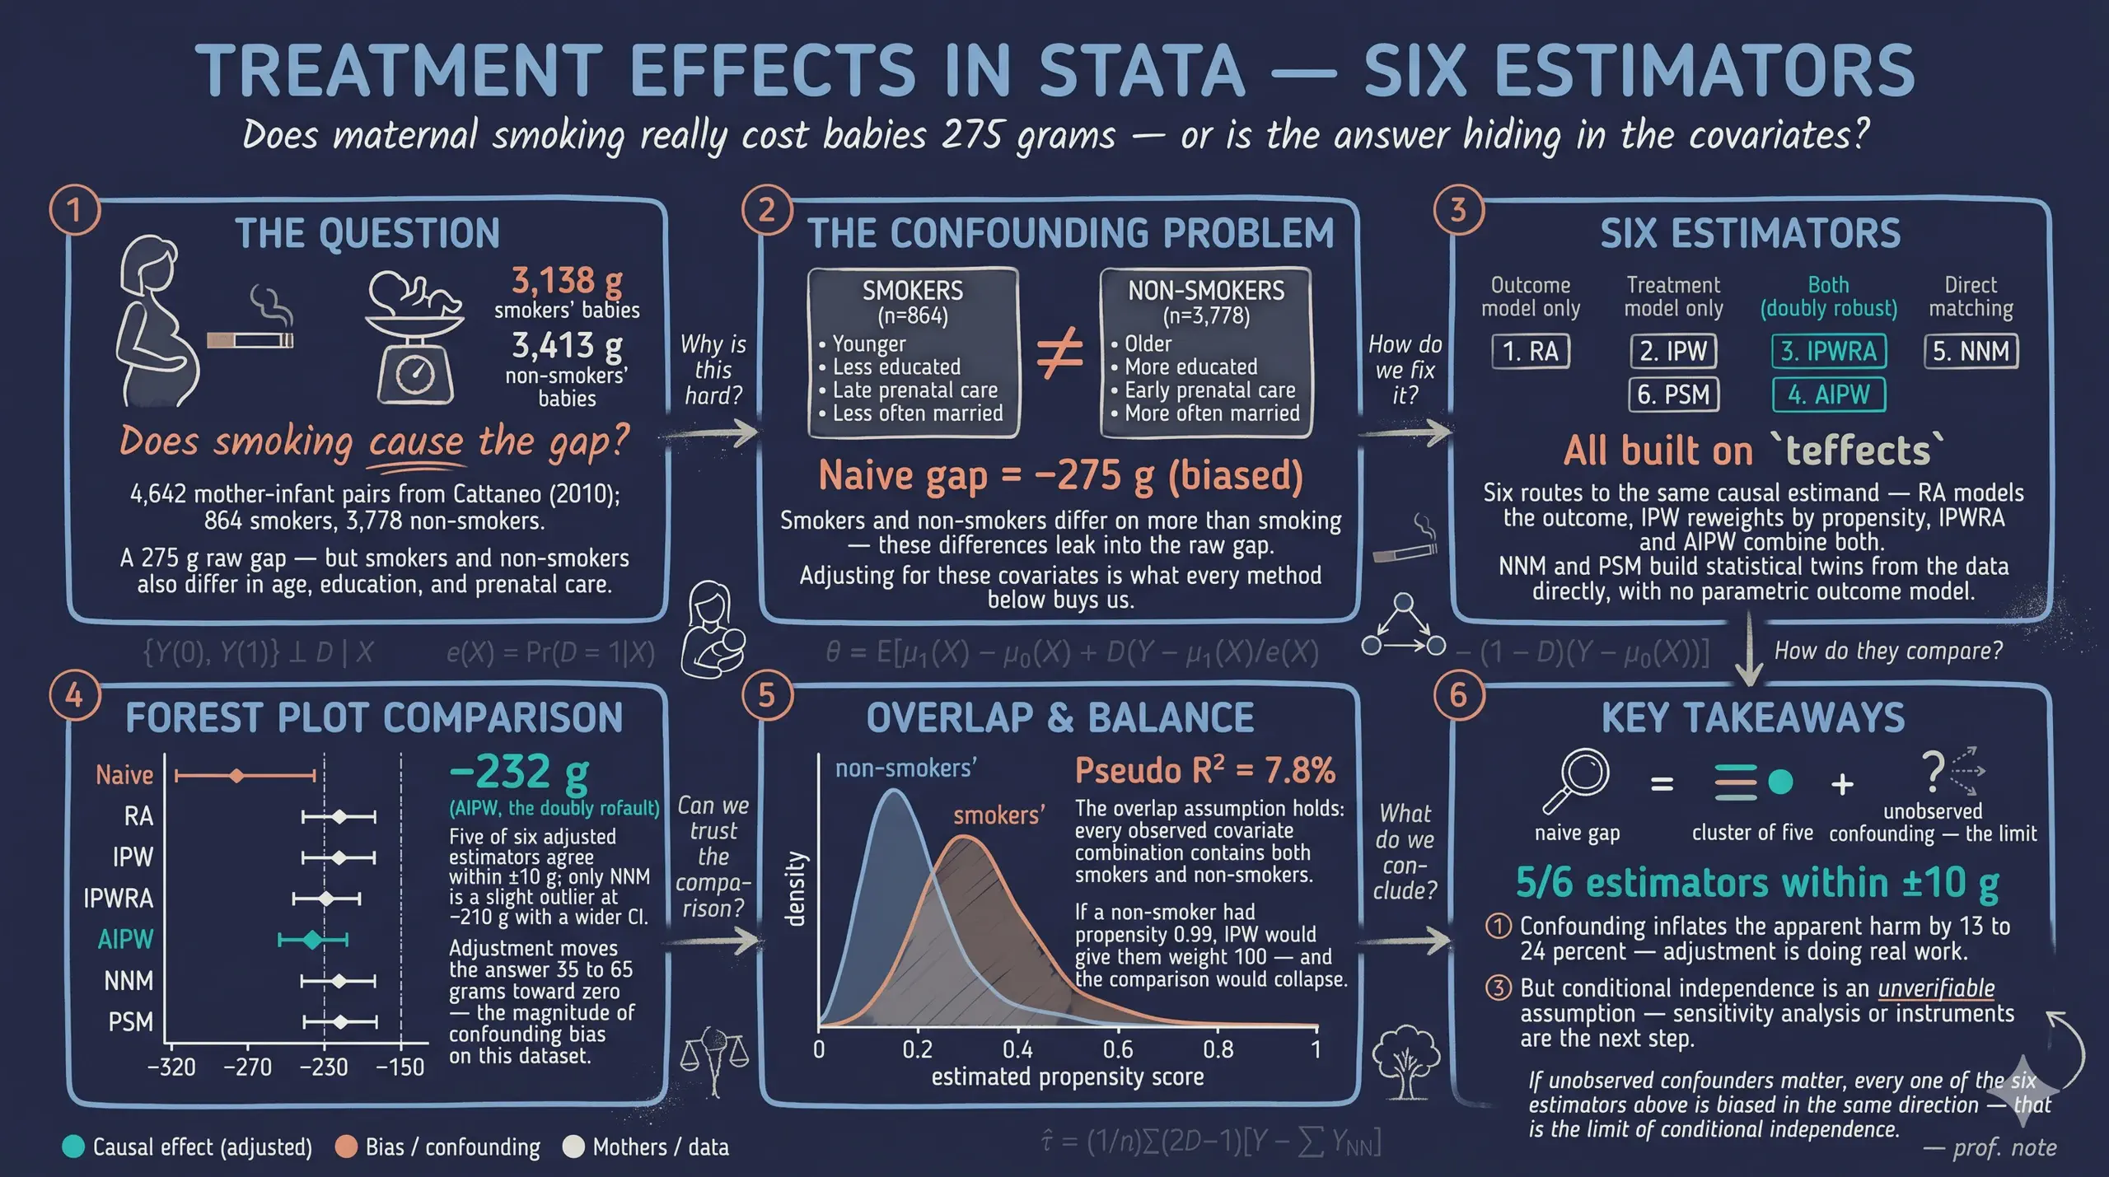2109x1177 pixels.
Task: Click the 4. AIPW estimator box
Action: (x=1828, y=395)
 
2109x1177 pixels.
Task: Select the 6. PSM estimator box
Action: (x=1673, y=395)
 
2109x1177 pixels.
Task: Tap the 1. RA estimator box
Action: (x=1531, y=352)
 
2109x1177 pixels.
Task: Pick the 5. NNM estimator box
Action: (x=1971, y=352)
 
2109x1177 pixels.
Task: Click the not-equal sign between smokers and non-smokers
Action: (x=1059, y=354)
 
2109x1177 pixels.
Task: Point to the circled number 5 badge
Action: (x=767, y=696)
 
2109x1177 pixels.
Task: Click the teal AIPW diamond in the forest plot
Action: (x=312, y=940)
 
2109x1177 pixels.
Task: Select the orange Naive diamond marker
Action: (x=237, y=776)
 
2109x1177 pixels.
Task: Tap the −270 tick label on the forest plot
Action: (x=247, y=1067)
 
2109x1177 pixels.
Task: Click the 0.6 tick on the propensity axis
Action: (x=1118, y=1049)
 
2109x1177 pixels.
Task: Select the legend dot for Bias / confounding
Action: (x=347, y=1147)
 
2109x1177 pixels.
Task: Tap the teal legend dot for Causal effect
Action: (x=73, y=1147)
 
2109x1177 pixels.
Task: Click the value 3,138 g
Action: (x=567, y=281)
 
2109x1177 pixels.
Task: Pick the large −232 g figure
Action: (x=520, y=772)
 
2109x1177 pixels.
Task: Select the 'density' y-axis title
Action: (x=795, y=889)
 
